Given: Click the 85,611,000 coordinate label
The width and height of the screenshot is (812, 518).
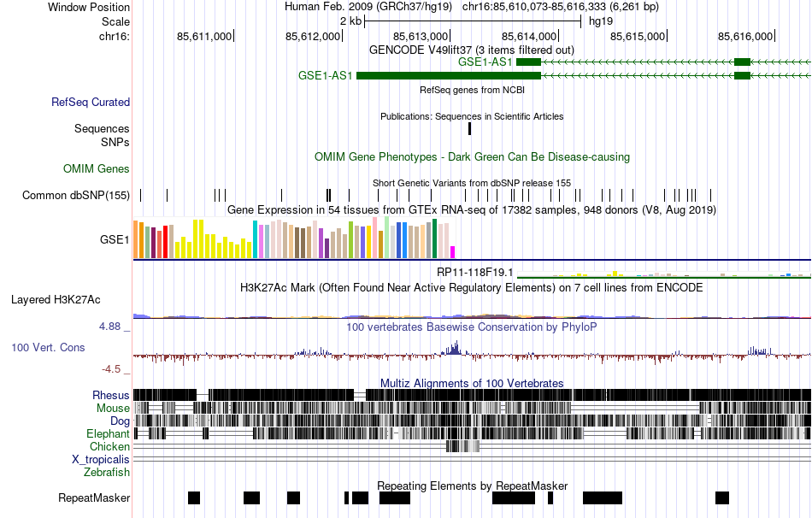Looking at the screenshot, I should click(x=204, y=36).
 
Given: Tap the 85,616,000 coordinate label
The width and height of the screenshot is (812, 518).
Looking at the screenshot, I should click(x=745, y=36).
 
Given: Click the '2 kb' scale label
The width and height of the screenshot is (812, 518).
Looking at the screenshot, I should click(x=350, y=21).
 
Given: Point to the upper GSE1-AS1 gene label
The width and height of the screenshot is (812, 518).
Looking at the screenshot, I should click(x=485, y=62).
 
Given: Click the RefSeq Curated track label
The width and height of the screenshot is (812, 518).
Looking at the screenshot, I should click(x=91, y=103).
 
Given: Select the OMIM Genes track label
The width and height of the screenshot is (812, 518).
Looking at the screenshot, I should click(x=97, y=169).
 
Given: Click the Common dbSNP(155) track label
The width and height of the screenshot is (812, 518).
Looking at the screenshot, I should click(x=76, y=196).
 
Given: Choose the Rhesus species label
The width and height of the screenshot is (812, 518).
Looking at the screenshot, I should click(x=111, y=396).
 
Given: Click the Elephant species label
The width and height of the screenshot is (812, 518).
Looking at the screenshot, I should click(x=108, y=434).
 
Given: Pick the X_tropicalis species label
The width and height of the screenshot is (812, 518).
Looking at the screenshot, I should click(x=101, y=459).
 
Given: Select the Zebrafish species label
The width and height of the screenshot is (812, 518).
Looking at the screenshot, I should click(x=107, y=472).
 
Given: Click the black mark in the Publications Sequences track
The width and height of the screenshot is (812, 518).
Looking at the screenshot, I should click(x=469, y=129).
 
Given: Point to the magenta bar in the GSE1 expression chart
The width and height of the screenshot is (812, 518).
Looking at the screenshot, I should click(x=453, y=252).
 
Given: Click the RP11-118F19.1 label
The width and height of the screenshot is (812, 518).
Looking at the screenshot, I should click(x=474, y=272).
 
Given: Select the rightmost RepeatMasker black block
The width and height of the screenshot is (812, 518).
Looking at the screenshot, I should click(x=722, y=497).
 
